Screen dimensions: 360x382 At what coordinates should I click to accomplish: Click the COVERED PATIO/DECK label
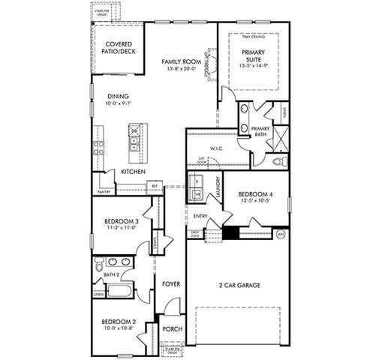[x=119, y=49]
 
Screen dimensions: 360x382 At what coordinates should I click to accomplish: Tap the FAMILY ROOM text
[x=180, y=61]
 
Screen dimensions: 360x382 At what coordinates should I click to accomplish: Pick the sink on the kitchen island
[x=134, y=139]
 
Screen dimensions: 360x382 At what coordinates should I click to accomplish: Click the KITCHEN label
[x=134, y=172]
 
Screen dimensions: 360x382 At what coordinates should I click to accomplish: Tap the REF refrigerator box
[x=155, y=185]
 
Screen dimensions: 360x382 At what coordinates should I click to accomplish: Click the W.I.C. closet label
[x=218, y=148]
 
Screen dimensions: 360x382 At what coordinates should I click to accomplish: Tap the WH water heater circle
[x=281, y=234]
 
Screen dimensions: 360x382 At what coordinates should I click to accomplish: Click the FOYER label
[x=170, y=283]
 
